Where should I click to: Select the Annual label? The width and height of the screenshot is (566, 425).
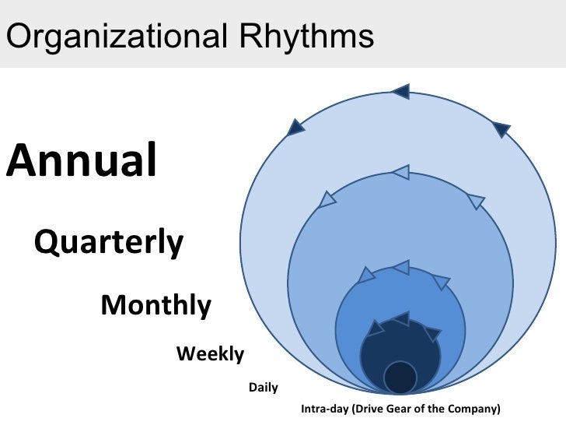coord(82,160)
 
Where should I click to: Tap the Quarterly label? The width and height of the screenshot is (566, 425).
coord(109,243)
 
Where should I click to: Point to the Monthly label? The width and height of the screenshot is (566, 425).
coord(155,304)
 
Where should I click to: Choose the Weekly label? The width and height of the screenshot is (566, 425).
coord(210,354)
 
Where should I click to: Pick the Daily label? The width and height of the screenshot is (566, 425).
coord(263,387)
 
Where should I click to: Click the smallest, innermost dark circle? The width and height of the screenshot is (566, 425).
coord(400,378)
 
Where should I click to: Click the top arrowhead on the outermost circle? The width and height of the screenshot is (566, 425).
coord(400,92)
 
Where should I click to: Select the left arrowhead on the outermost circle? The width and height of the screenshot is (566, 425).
coord(296,126)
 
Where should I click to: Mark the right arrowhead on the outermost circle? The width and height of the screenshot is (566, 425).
coord(501,129)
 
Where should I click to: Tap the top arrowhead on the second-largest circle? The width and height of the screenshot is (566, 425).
coord(400,172)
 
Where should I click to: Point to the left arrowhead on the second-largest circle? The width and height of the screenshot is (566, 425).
coord(327,200)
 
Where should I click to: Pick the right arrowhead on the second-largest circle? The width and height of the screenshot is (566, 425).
coord(477,202)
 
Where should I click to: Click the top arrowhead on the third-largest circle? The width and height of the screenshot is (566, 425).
coord(400,268)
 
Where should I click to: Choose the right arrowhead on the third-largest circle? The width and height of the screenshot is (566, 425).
coord(441,282)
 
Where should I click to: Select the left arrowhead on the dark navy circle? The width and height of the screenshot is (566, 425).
coord(376,328)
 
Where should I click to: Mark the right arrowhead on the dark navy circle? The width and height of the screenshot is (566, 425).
coord(431,334)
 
